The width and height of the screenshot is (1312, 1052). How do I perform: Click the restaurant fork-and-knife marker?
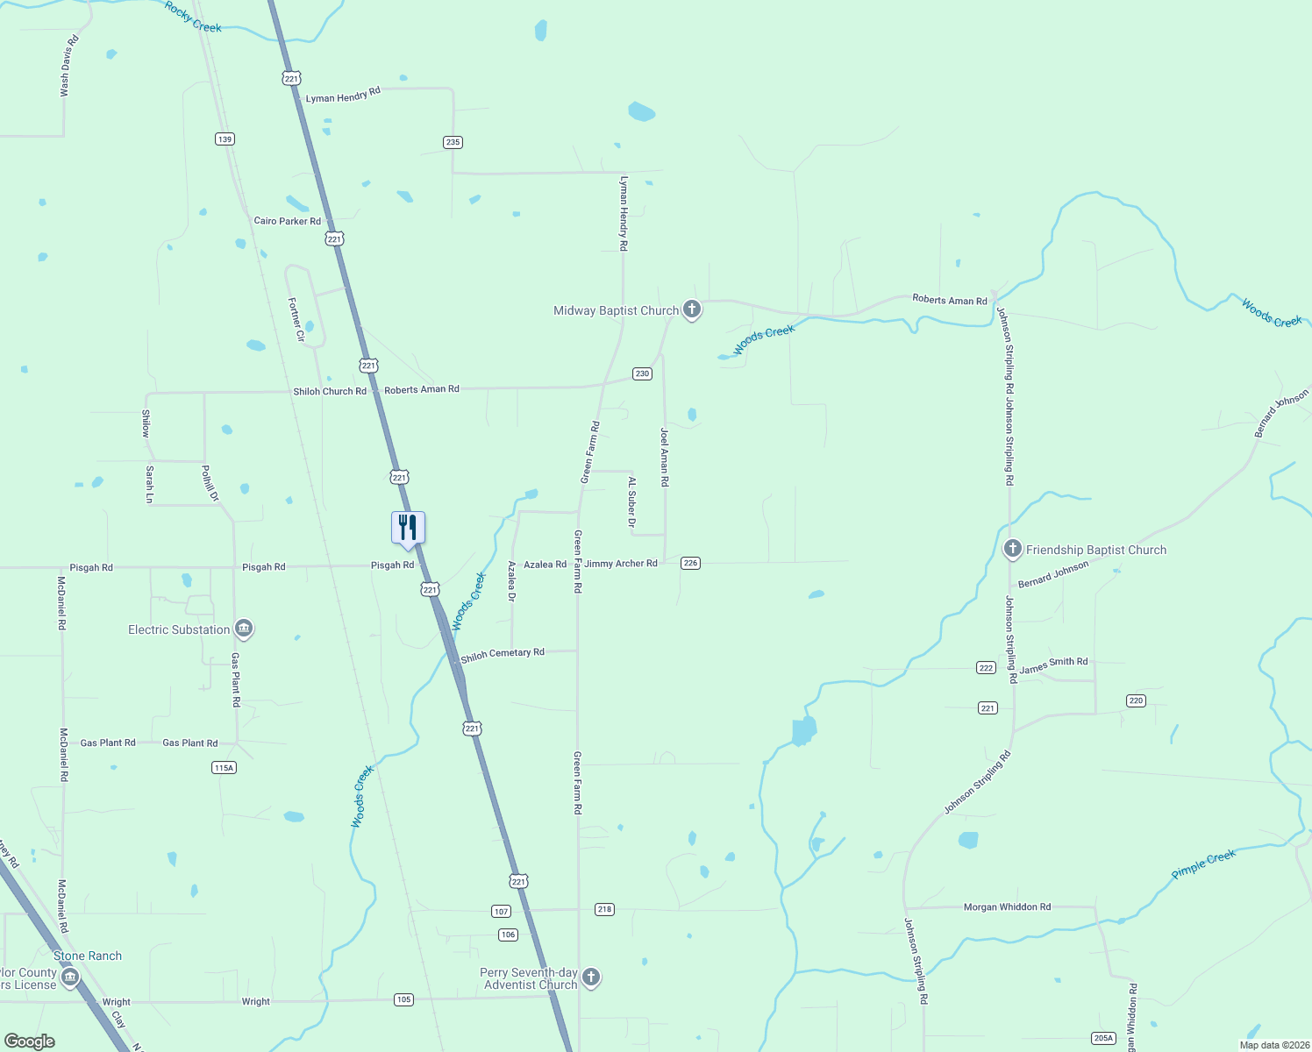click(x=408, y=528)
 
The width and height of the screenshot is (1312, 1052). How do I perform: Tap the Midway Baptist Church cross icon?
click(x=692, y=309)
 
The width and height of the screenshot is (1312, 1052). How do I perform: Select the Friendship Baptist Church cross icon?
click(x=1013, y=550)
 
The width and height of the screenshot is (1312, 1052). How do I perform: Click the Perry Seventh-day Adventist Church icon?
click(x=591, y=977)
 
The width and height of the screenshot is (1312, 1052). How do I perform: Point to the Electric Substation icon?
click(x=244, y=629)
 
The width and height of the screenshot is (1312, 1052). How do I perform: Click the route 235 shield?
click(x=453, y=142)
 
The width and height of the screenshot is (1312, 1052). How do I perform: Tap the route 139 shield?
click(x=225, y=139)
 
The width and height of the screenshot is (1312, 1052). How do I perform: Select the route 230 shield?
click(x=642, y=373)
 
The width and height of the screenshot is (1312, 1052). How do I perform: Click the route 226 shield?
click(x=691, y=563)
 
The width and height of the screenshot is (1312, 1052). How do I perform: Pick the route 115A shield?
click(x=224, y=768)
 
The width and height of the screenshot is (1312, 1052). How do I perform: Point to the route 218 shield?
click(x=604, y=909)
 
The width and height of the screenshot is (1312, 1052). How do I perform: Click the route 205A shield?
click(x=1103, y=1038)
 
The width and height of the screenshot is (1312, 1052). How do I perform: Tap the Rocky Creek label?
click(x=194, y=17)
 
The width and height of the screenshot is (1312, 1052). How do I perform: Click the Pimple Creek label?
click(x=1203, y=864)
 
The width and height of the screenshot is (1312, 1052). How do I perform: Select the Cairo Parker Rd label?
click(x=287, y=221)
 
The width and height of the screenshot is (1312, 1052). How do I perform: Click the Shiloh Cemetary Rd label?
click(x=503, y=654)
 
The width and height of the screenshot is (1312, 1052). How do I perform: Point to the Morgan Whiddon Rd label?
click(x=1007, y=907)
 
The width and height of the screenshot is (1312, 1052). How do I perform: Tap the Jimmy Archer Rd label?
click(x=621, y=564)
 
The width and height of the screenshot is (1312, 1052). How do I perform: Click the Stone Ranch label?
click(x=88, y=956)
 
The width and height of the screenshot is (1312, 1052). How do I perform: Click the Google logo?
click(x=30, y=1041)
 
